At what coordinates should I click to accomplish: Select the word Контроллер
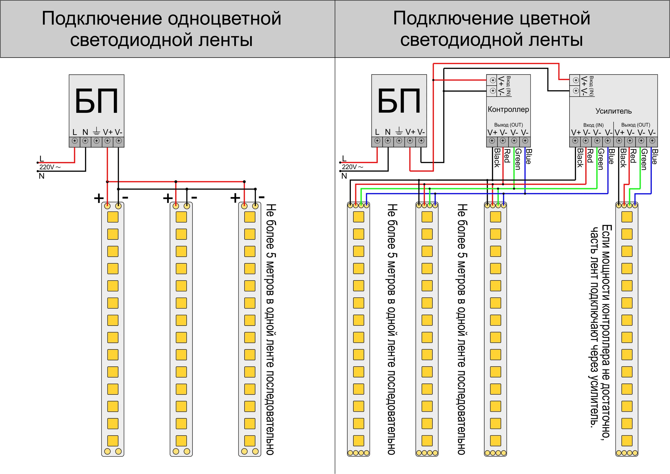pyautogui.click(x=508, y=110)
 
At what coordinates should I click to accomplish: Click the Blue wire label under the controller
pyautogui.click(x=528, y=156)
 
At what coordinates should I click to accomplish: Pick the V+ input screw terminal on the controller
pyautogui.click(x=493, y=80)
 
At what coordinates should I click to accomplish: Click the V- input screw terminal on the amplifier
pyautogui.click(x=576, y=91)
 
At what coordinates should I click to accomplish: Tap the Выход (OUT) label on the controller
pyautogui.click(x=509, y=125)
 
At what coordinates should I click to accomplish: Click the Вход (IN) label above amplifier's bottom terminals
pyautogui.click(x=593, y=125)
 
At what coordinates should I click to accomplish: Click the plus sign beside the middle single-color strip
pyautogui.click(x=168, y=198)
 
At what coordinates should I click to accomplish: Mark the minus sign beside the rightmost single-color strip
pyautogui.click(x=262, y=197)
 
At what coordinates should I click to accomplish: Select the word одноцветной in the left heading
pyautogui.click(x=225, y=18)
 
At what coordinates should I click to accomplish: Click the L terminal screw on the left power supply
pyautogui.click(x=75, y=141)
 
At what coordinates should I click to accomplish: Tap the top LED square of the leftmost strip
pyautogui.click(x=113, y=217)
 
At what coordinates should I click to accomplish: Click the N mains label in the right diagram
pyautogui.click(x=344, y=176)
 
